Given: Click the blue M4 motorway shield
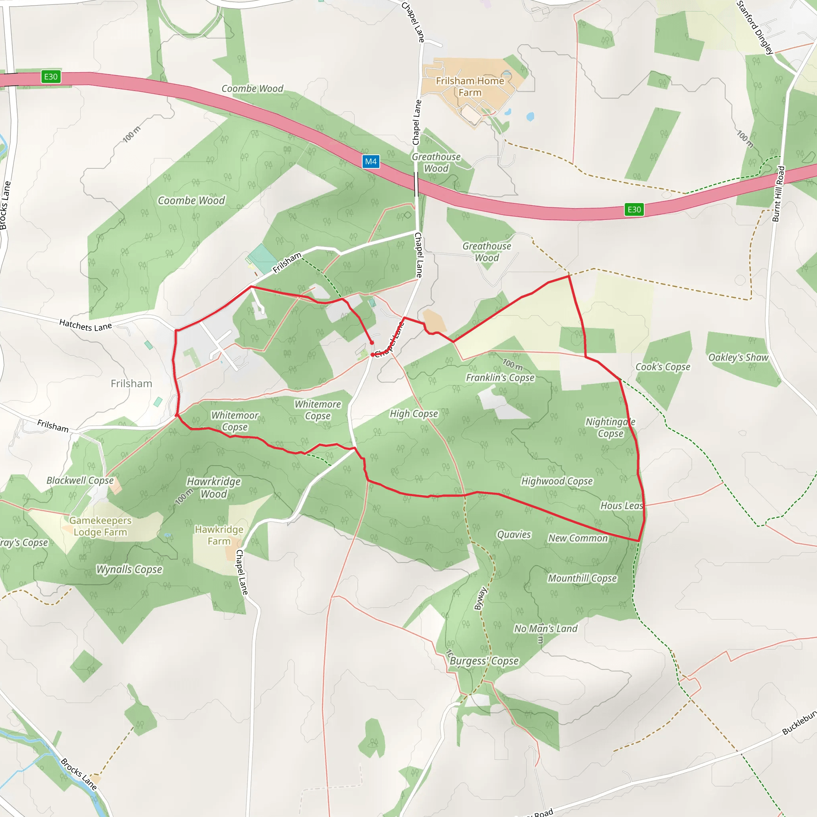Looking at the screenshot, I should tap(371, 161).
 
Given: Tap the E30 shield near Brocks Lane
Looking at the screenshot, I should tap(51, 77).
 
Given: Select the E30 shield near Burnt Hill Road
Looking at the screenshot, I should tap(634, 209).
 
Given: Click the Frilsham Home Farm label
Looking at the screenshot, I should tap(470, 86).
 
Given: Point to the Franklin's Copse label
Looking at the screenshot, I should tap(500, 378).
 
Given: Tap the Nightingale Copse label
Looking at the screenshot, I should tap(610, 428).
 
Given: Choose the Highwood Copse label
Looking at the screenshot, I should tap(557, 481).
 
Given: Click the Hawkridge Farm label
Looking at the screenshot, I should tap(219, 535).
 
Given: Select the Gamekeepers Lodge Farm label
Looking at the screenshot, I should tap(100, 526).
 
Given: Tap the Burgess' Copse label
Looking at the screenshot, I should tap(484, 661).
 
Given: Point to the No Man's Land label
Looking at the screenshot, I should tap(545, 629).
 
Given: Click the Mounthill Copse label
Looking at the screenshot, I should tap(582, 578).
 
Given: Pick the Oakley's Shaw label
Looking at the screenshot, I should tap(738, 357).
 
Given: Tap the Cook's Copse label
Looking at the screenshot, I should tap(663, 367).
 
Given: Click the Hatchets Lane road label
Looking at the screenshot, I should tap(85, 325).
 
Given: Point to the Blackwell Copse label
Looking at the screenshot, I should tap(80, 480).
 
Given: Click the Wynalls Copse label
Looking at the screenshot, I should tap(129, 570).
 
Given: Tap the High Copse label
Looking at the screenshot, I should tap(414, 414).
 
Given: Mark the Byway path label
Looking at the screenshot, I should tap(480, 598).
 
